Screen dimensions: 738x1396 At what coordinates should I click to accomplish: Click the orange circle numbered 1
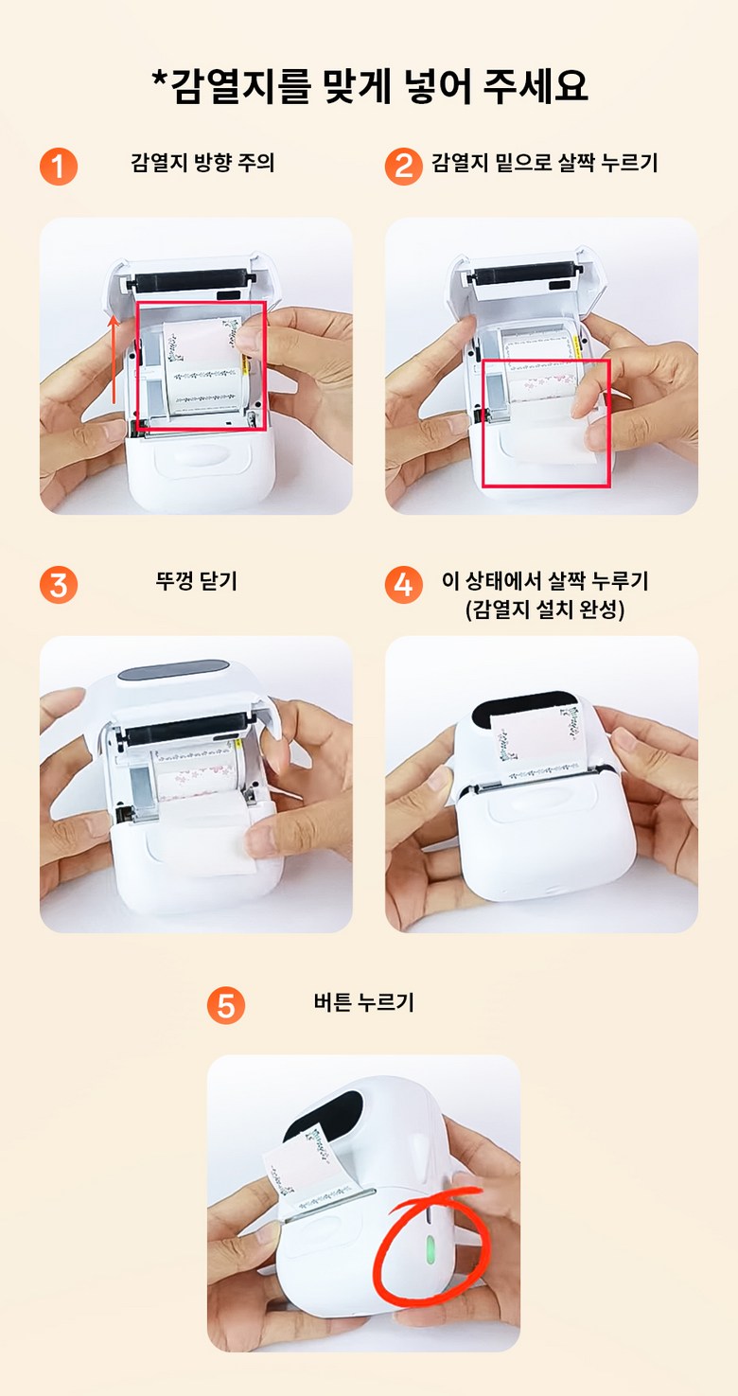pyautogui.click(x=59, y=167)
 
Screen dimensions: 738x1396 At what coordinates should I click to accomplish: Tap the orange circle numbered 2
pyautogui.click(x=404, y=167)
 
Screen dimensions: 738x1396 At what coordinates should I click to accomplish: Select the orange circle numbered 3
pyautogui.click(x=59, y=585)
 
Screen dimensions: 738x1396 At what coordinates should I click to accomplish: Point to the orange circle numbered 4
pyautogui.click(x=404, y=585)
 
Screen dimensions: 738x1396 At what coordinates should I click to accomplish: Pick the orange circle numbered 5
pyautogui.click(x=226, y=1005)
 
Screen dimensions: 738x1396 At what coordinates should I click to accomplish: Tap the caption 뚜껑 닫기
pyautogui.click(x=197, y=581)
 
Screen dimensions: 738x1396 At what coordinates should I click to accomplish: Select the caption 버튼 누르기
pyautogui.click(x=363, y=1002)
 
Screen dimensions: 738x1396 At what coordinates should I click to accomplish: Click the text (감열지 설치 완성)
pyautogui.click(x=545, y=609)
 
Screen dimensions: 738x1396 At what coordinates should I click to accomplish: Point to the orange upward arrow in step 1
pyautogui.click(x=114, y=360)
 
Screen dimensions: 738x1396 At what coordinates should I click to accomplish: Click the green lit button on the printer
pyautogui.click(x=430, y=1248)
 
